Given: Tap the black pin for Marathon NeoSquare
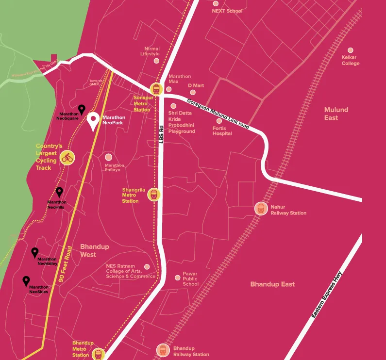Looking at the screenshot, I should [82, 110].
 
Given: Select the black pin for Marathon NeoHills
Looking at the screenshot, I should [59, 192].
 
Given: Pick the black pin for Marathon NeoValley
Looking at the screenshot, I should [35, 252].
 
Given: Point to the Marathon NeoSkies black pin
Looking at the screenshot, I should [26, 280].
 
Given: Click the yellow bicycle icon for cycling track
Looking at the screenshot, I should [67, 157].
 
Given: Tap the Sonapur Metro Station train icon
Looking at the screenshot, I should [156, 89].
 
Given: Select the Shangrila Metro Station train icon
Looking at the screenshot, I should [154, 195].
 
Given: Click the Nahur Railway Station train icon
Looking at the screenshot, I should [261, 209].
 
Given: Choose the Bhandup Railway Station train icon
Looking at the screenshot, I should [163, 350].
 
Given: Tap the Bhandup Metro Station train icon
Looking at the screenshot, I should [99, 354].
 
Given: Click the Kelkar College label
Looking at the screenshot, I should [350, 60].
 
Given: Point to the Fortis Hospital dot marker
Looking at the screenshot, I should [219, 121].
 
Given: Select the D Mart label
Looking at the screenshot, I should [196, 85].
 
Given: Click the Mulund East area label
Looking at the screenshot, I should [336, 114].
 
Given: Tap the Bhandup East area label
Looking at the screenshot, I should [272, 284].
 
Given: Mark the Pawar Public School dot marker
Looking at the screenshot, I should [178, 278].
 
